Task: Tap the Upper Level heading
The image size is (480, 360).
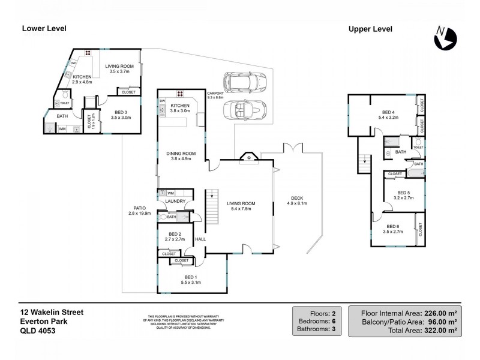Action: (370, 28)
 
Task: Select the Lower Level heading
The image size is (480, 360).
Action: (44, 28)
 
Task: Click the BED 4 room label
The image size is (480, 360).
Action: (388, 112)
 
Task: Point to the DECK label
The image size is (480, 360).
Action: (297, 200)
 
